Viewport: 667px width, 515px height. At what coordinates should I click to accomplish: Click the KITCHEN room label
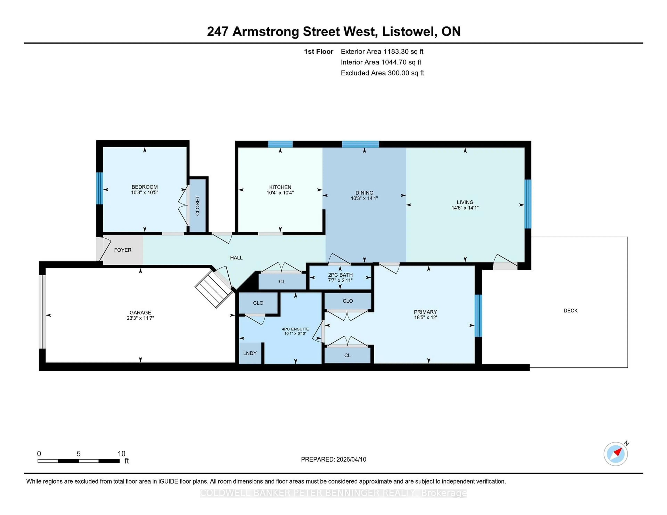pyautogui.click(x=280, y=187)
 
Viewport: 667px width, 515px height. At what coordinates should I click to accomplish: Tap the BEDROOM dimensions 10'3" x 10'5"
pyautogui.click(x=145, y=192)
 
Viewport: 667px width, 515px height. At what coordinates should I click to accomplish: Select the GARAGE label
pyautogui.click(x=140, y=312)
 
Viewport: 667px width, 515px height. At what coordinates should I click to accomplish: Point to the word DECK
pyautogui.click(x=570, y=311)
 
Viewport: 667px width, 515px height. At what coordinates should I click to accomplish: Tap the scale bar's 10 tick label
pyautogui.click(x=121, y=454)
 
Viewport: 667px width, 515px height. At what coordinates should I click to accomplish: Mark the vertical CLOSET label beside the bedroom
pyautogui.click(x=197, y=206)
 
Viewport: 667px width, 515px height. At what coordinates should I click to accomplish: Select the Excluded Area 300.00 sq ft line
pyautogui.click(x=382, y=73)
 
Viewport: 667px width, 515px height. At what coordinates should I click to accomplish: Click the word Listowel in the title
pyautogui.click(x=409, y=31)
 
